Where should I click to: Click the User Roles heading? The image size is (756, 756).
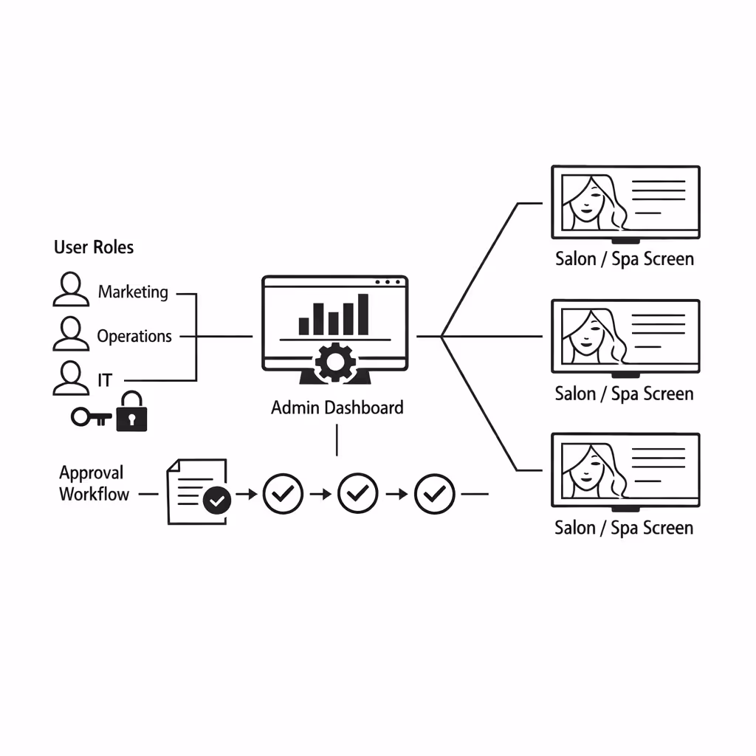pyautogui.click(x=94, y=247)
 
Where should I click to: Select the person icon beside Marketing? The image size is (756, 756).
pyautogui.click(x=71, y=289)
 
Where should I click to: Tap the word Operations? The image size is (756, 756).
pyautogui.click(x=134, y=336)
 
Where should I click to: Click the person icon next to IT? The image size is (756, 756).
pyautogui.click(x=71, y=378)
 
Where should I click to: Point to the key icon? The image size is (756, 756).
pyautogui.click(x=90, y=417)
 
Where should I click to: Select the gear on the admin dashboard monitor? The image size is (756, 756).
pyautogui.click(x=335, y=362)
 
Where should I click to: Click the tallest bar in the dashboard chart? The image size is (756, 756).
pyautogui.click(x=362, y=315)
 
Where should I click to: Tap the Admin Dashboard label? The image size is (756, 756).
pyautogui.click(x=337, y=408)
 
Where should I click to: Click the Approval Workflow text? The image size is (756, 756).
pyautogui.click(x=94, y=484)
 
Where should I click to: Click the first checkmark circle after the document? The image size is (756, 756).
pyautogui.click(x=283, y=493)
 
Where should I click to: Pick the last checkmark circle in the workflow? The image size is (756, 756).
pyautogui.click(x=435, y=493)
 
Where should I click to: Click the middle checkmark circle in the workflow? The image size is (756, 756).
pyautogui.click(x=358, y=493)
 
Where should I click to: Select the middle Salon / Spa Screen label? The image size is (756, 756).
pyautogui.click(x=624, y=394)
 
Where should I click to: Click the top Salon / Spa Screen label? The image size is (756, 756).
pyautogui.click(x=624, y=259)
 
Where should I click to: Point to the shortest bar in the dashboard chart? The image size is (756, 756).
pyautogui.click(x=303, y=326)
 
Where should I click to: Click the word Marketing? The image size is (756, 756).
pyautogui.click(x=133, y=292)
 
